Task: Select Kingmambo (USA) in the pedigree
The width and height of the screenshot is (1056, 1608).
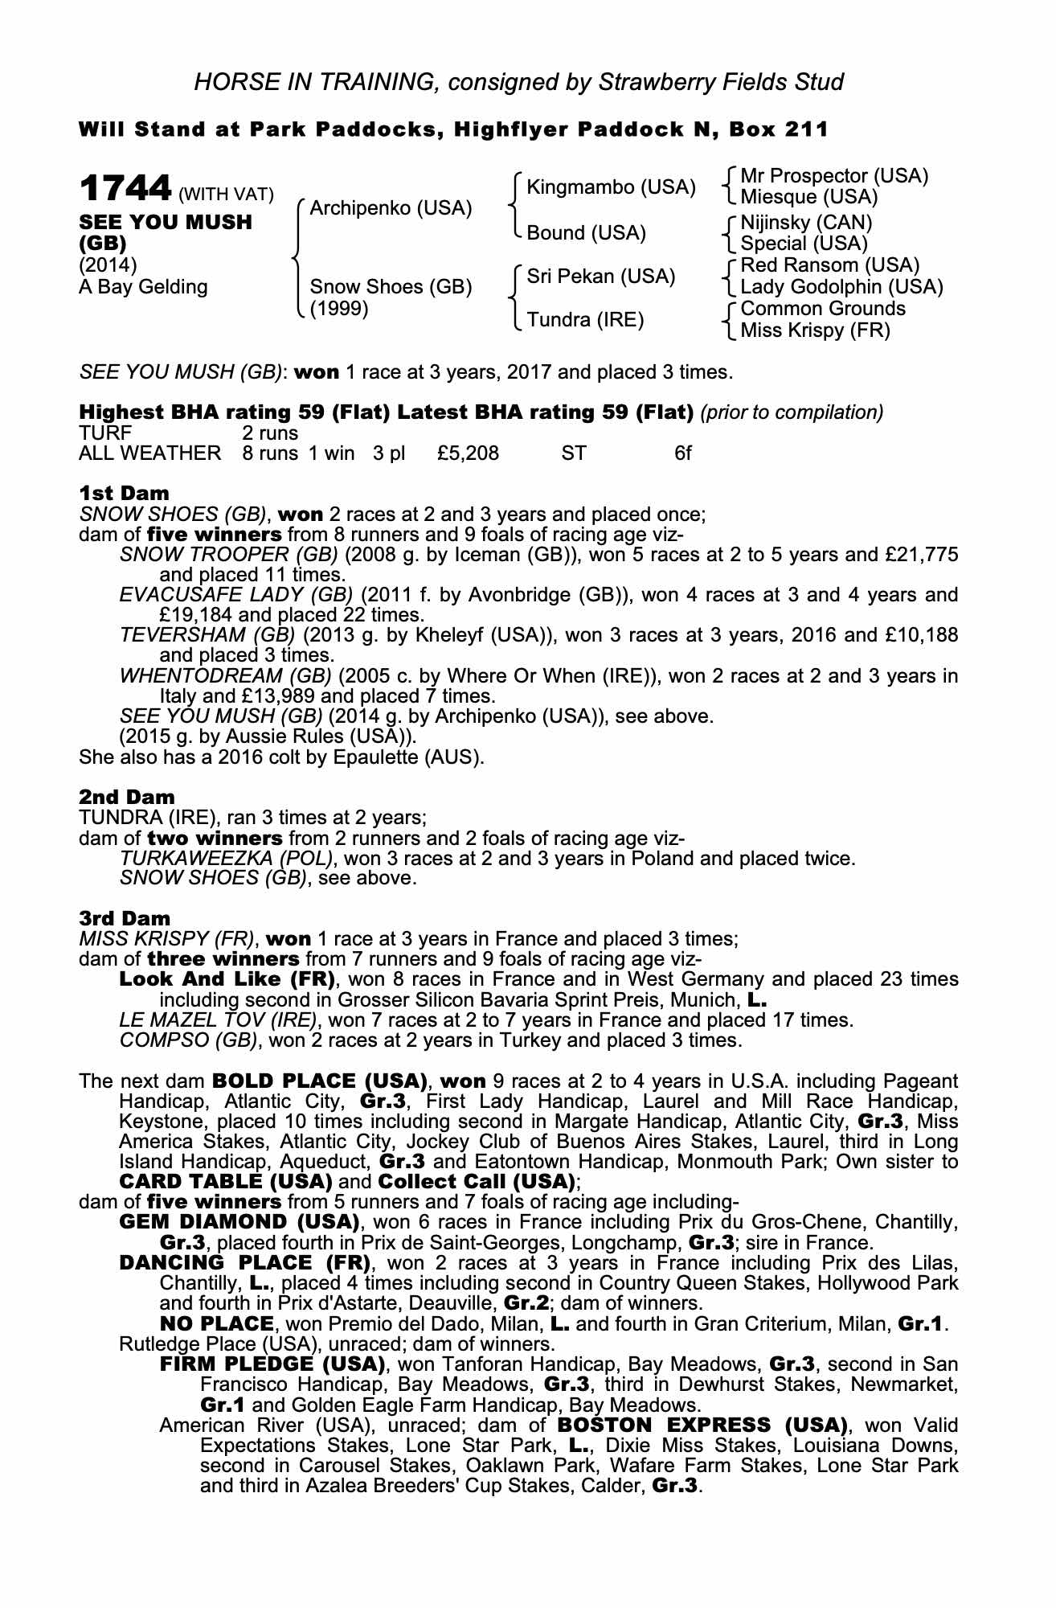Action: coord(610,187)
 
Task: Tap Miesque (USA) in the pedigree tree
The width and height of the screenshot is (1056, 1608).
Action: coord(809,197)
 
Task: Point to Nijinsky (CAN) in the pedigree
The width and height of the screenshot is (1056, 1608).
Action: coord(806,222)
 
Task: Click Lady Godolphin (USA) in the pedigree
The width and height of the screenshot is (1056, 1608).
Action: coord(841,287)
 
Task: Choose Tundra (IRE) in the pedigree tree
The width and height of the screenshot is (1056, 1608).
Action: coord(585,320)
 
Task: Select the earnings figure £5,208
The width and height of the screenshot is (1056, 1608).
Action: coord(468,453)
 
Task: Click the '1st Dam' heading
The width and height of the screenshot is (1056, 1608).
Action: coord(124,492)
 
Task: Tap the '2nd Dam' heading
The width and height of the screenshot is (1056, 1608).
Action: coord(126,797)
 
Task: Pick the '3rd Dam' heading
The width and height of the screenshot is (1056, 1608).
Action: coord(125,918)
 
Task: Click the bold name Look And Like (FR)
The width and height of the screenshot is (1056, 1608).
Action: coord(227,979)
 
